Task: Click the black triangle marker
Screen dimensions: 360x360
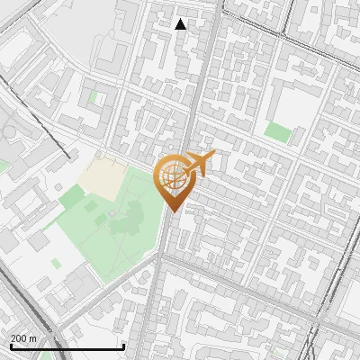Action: pyautogui.click(x=181, y=24)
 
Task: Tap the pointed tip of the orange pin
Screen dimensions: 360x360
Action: pyautogui.click(x=173, y=211)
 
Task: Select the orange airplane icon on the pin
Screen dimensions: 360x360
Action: pyautogui.click(x=201, y=165)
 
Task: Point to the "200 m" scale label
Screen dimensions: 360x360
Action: pyautogui.click(x=23, y=338)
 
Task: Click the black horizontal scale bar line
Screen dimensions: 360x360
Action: pyautogui.click(x=67, y=347)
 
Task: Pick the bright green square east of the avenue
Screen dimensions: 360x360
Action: pyautogui.click(x=278, y=132)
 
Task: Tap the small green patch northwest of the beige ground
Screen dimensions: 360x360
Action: pyautogui.click(x=94, y=95)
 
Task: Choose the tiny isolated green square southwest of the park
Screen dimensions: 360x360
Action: pyautogui.click(x=56, y=264)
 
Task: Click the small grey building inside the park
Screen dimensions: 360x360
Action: pyautogui.click(x=112, y=214)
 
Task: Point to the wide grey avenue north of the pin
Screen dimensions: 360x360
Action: pyautogui.click(x=202, y=81)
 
